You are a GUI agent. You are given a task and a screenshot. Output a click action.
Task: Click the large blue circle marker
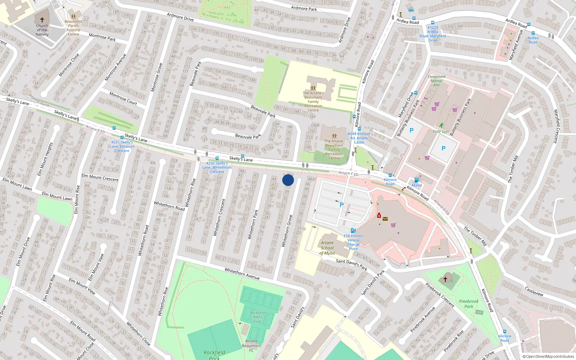tap(288, 180)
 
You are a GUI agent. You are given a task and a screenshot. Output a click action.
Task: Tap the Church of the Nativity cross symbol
tap(42, 20)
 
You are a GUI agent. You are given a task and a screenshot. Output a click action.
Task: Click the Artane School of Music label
tap(327, 248)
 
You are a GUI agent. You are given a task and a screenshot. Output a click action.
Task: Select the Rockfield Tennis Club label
tap(257, 317)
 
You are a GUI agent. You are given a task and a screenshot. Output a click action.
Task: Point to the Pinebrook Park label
tap(469, 304)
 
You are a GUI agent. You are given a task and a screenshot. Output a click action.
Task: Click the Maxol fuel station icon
tap(417, 180)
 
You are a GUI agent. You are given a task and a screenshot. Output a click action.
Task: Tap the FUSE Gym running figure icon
tap(441, 126)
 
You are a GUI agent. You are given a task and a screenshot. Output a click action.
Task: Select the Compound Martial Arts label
tap(436, 81)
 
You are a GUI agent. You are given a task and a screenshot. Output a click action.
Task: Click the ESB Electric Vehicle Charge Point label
tap(353, 242)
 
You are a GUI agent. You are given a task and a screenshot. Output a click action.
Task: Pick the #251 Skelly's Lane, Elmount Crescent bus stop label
tap(122, 146)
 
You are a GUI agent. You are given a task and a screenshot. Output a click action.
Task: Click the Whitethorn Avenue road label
tap(242, 274)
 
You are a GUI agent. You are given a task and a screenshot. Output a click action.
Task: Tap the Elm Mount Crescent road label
tap(100, 177)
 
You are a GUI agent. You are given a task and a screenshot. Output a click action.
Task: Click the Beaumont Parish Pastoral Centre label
tap(73, 28)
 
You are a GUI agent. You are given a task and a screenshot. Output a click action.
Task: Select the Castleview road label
tap(534, 291)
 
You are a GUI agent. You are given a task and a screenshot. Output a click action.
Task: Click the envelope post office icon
tap(385, 219)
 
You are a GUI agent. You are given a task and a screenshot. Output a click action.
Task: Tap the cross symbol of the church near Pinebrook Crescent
tap(445, 279)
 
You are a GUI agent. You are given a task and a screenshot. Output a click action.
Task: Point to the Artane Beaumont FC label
tap(251, 346)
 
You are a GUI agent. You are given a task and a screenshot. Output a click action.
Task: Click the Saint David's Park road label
tap(352, 264)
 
